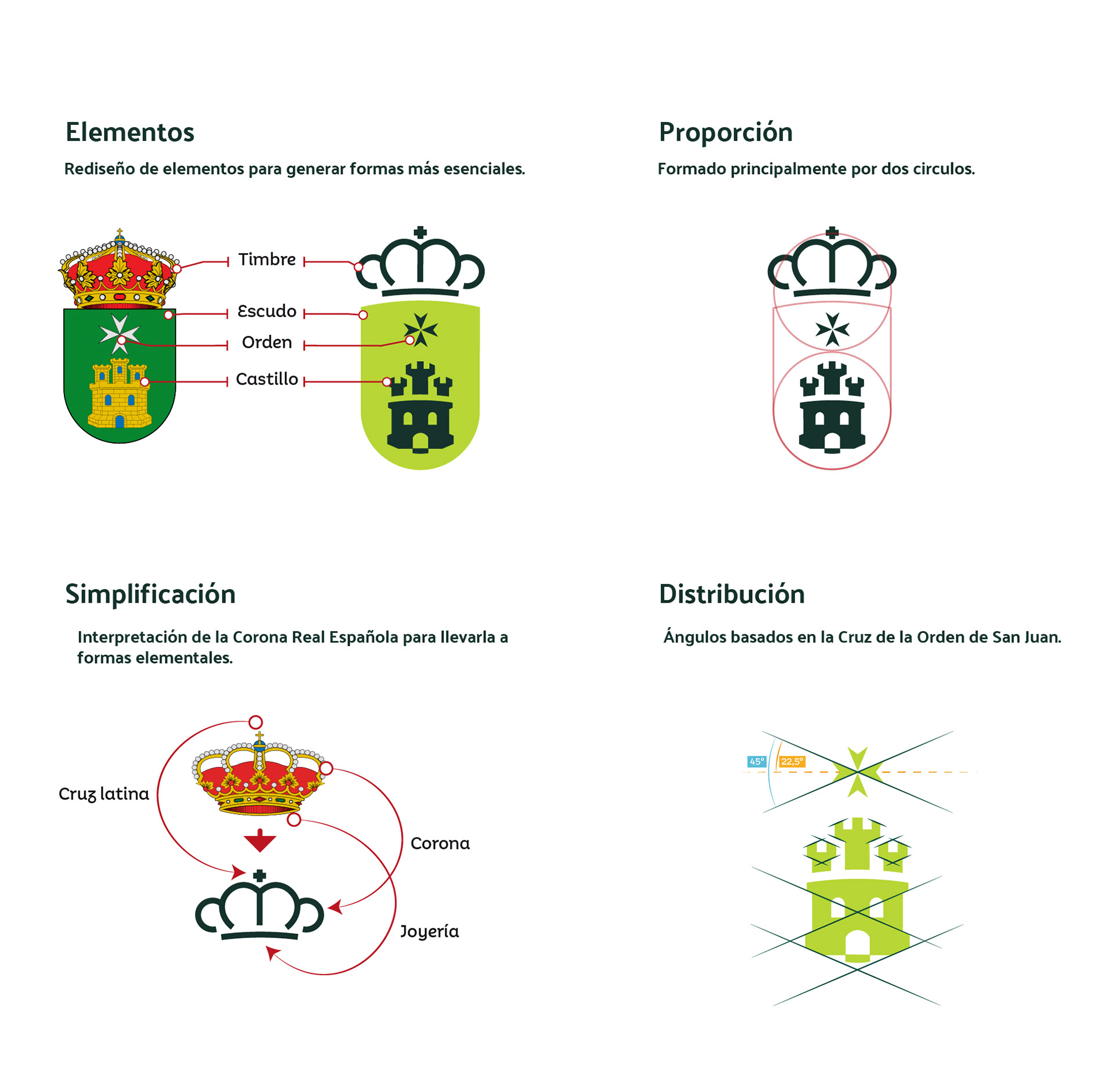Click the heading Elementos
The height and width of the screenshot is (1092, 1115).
tap(130, 132)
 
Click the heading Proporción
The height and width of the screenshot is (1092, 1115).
tap(725, 132)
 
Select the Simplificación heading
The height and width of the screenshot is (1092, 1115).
tap(150, 594)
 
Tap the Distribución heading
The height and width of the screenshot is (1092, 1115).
tap(732, 594)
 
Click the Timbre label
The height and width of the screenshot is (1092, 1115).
tap(267, 260)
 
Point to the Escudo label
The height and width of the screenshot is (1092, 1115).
tap(267, 312)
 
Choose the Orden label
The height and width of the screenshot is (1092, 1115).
tap(267, 343)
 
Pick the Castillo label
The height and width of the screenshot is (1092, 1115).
tap(267, 380)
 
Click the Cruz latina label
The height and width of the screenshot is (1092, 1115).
tap(104, 794)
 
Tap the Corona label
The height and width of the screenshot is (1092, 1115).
tap(440, 844)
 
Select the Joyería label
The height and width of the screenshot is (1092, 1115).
tap(429, 932)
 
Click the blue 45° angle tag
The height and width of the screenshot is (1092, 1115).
tap(757, 762)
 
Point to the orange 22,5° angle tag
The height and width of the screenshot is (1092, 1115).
tap(792, 762)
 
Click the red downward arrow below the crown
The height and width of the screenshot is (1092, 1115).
tap(260, 841)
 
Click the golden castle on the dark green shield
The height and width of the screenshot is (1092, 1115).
tap(120, 395)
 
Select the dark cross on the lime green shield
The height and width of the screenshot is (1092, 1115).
tap(420, 329)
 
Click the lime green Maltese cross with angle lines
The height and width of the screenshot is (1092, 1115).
tap(857, 772)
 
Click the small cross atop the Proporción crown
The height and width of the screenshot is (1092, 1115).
tap(832, 233)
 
